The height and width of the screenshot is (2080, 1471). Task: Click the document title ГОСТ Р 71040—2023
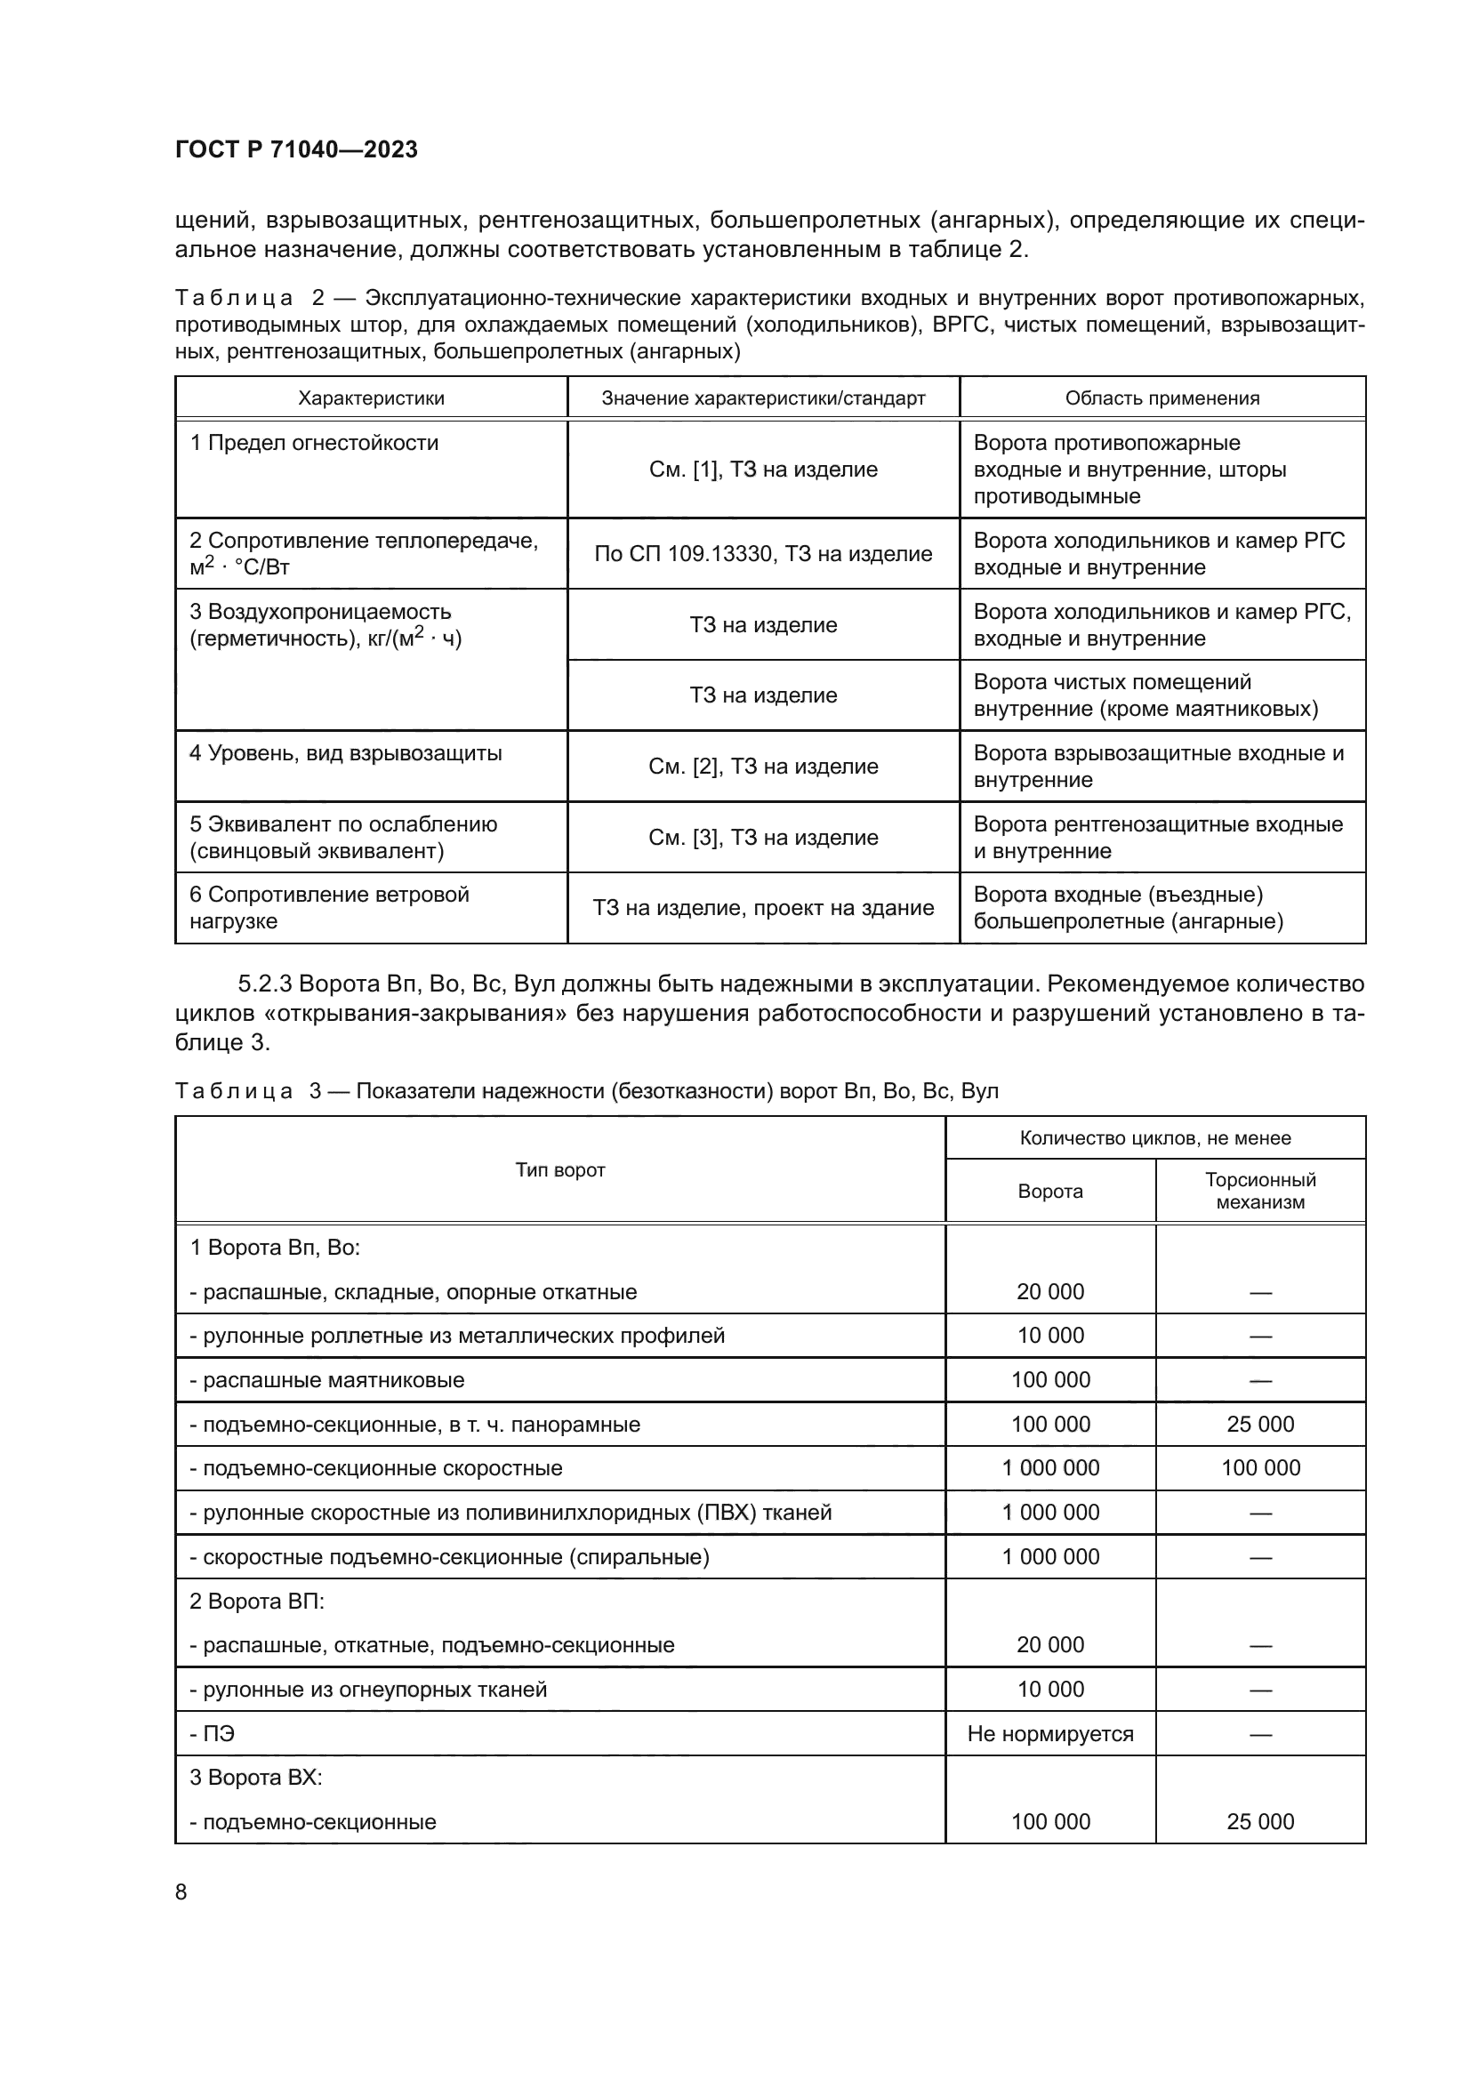(296, 149)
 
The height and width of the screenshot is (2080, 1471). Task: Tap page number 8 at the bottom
(181, 1891)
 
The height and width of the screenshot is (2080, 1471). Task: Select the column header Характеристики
(372, 398)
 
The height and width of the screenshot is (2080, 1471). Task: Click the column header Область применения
(1162, 398)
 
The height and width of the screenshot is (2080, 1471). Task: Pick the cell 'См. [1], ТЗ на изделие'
(763, 470)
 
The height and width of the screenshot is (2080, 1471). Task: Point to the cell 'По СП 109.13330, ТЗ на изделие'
(763, 553)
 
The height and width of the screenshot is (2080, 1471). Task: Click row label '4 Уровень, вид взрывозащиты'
(345, 753)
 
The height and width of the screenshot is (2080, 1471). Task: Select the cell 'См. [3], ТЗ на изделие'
(763, 837)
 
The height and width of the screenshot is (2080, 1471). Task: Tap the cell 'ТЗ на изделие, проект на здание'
(763, 908)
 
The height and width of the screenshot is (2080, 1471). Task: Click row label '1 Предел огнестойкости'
(313, 443)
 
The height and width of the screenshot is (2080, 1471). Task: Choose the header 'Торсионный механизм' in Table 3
(1260, 1191)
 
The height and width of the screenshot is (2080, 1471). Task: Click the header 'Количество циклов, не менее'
(1155, 1138)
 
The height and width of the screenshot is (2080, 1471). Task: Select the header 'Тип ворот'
(559, 1169)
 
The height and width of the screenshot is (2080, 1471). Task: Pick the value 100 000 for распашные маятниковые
(1049, 1380)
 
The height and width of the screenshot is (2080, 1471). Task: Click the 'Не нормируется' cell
(1049, 1733)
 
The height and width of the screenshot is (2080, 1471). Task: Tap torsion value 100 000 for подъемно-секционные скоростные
(1260, 1467)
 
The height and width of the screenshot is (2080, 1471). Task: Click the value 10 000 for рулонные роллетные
(1049, 1336)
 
